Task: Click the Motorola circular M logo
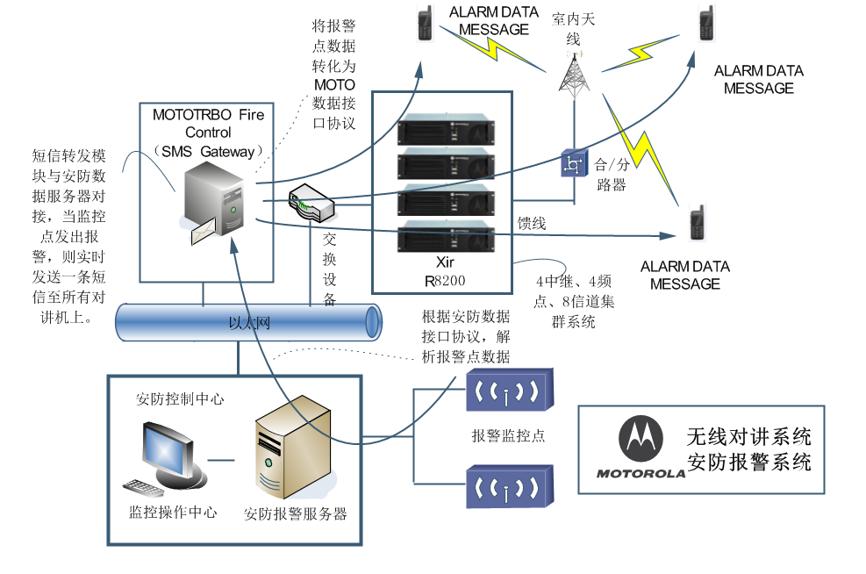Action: [x=641, y=438]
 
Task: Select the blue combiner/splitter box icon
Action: [x=573, y=163]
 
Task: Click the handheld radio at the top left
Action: [x=425, y=23]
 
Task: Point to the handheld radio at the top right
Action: [x=706, y=23]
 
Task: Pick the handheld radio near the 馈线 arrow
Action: [x=698, y=223]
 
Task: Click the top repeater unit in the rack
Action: [x=446, y=129]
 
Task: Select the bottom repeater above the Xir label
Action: [x=446, y=236]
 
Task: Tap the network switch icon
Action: [x=311, y=203]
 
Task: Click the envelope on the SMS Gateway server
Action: [x=204, y=231]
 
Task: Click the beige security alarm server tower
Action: [x=293, y=447]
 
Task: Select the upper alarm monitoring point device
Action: [x=509, y=390]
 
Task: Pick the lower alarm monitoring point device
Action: [x=509, y=486]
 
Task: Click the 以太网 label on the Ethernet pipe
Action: [x=249, y=323]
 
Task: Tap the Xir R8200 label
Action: [x=445, y=270]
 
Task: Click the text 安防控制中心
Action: [x=180, y=398]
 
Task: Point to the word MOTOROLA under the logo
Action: [x=641, y=473]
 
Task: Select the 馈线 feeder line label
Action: [x=532, y=223]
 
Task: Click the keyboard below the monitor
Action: [x=142, y=488]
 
